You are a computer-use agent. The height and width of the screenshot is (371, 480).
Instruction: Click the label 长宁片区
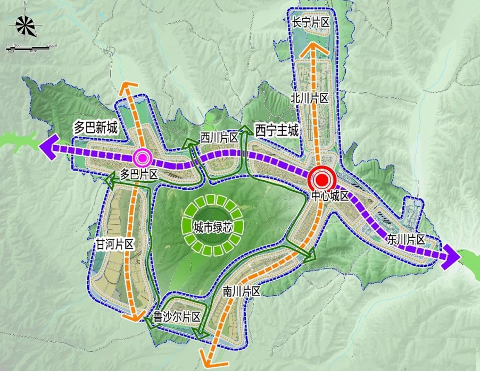click(x=311, y=22)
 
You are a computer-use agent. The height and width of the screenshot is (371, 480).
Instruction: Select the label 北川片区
click(x=310, y=97)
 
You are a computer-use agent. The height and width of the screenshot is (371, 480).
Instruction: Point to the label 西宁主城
click(x=277, y=129)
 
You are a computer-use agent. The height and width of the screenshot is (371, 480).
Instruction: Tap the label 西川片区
click(x=219, y=137)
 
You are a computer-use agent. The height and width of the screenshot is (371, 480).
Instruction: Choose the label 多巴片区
click(x=140, y=174)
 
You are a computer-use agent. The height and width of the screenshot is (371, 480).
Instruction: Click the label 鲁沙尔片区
click(x=176, y=317)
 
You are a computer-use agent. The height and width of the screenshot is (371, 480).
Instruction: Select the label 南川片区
click(x=241, y=291)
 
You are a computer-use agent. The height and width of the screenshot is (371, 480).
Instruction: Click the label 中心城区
click(x=330, y=196)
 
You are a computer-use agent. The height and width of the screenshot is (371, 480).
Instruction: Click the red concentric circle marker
click(x=321, y=178)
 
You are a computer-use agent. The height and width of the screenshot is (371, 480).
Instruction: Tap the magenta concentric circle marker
click(x=142, y=157)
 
